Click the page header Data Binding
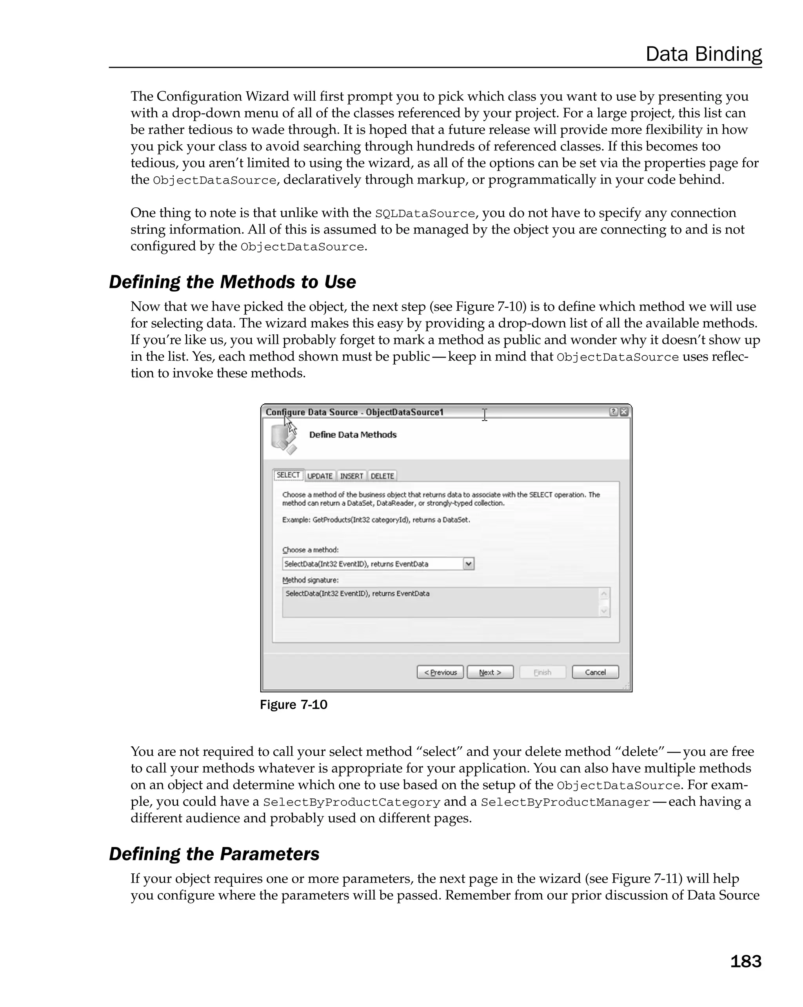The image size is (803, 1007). click(703, 54)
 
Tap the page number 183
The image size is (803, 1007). click(745, 961)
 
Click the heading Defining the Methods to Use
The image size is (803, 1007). click(232, 282)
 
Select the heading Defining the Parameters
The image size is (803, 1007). click(214, 854)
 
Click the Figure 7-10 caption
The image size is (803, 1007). click(293, 705)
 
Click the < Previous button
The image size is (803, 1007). click(440, 672)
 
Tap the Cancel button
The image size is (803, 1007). click(595, 672)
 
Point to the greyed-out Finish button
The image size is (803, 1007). click(542, 672)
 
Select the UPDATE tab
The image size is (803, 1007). click(320, 476)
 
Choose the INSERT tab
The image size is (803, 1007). click(351, 476)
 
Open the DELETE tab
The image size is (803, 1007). click(382, 476)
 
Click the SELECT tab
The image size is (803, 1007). click(288, 475)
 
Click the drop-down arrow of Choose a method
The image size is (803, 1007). click(469, 564)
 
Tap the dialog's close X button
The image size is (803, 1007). click(624, 412)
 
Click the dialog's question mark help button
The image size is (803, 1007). click(613, 412)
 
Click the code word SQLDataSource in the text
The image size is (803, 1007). click(425, 214)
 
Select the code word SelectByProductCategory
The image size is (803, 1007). click(351, 802)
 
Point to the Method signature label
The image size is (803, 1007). click(310, 580)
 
